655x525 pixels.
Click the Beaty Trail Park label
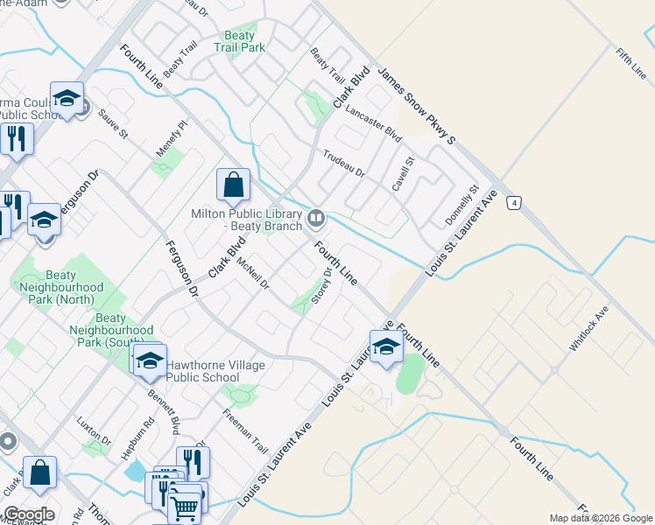click(239, 41)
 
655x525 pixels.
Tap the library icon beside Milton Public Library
click(316, 217)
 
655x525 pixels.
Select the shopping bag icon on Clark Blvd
click(233, 186)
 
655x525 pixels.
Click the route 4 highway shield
click(515, 202)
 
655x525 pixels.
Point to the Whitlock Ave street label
click(588, 329)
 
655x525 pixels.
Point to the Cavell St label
click(403, 174)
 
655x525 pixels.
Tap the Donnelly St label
click(461, 204)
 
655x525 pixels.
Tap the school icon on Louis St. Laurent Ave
click(385, 347)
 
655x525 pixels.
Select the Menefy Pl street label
click(173, 138)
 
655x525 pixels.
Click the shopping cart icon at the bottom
click(186, 505)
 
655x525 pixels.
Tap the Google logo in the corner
click(29, 514)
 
